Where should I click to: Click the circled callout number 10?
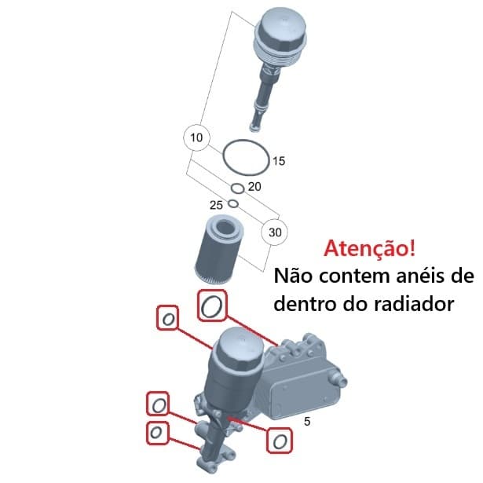tap(196, 138)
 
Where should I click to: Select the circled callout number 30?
tap(275, 232)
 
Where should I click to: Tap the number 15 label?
tap(278, 161)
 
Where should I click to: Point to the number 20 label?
tap(254, 187)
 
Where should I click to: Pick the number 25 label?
tap(216, 204)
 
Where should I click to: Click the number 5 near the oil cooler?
tap(307, 421)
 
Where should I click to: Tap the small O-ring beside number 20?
tap(236, 188)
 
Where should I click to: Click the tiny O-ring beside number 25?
tap(232, 205)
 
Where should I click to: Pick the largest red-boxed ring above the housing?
tap(210, 306)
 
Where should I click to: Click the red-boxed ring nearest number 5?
tap(278, 441)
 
